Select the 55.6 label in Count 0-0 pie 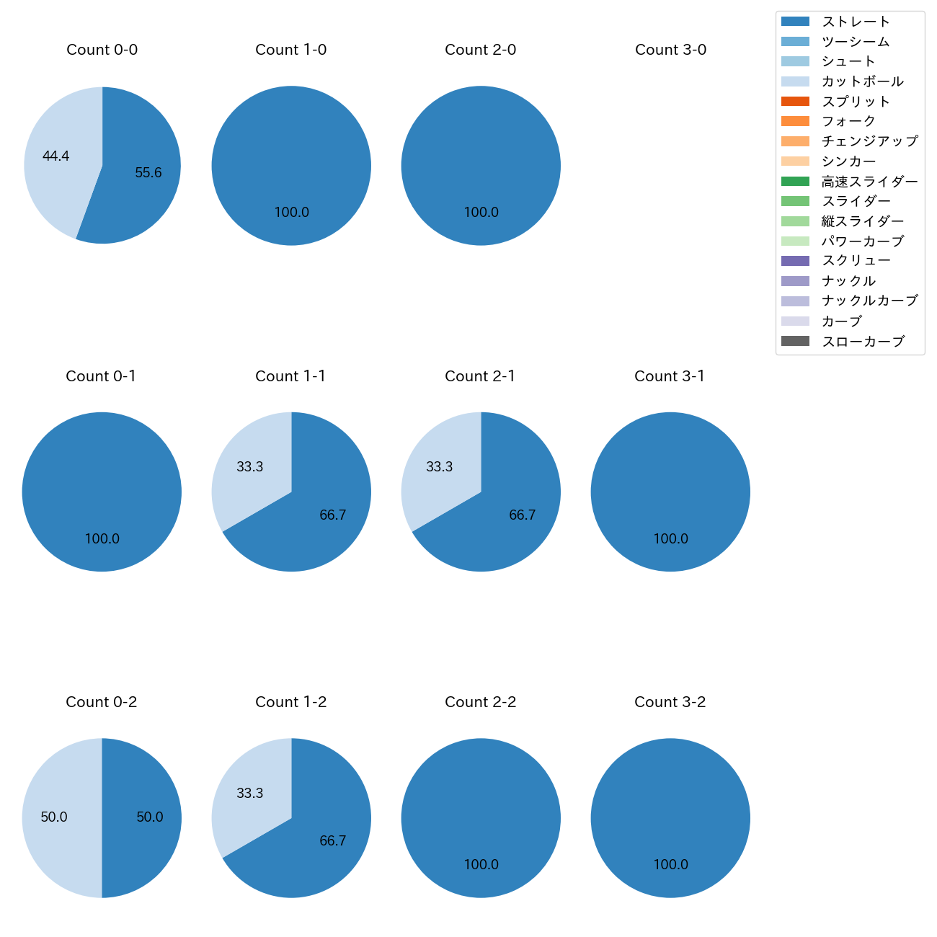point(148,173)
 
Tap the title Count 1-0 point(291,50)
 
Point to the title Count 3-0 point(670,50)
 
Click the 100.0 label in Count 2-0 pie point(481,213)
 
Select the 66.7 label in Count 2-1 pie point(523,515)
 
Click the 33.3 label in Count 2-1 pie point(440,467)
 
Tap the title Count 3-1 point(670,376)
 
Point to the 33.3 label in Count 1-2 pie point(250,794)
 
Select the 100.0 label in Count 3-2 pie point(670,865)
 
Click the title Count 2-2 point(481,702)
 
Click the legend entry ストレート point(856,22)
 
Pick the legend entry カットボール point(862,81)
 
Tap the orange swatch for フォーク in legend point(795,121)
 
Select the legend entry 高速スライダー point(869,182)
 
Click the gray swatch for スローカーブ point(795,341)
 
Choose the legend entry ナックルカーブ point(869,301)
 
